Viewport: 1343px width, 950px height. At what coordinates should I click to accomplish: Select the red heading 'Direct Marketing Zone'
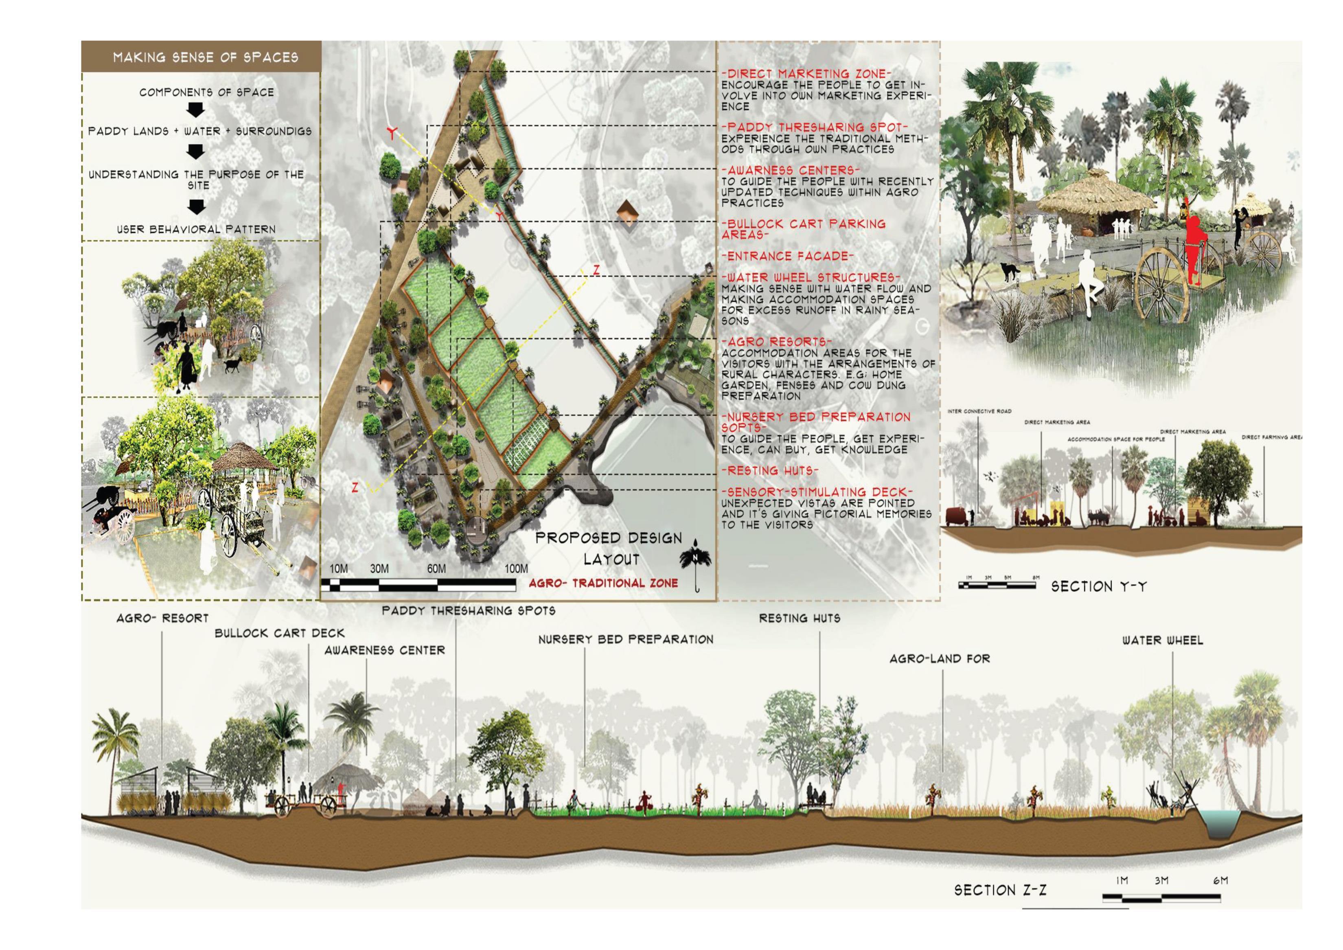pyautogui.click(x=806, y=74)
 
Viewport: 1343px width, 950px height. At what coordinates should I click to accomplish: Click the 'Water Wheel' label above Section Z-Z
pyautogui.click(x=1162, y=641)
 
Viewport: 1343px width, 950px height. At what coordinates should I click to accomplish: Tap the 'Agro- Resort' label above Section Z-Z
pyautogui.click(x=162, y=618)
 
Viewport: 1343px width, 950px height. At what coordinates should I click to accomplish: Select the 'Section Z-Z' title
pyautogui.click(x=1000, y=890)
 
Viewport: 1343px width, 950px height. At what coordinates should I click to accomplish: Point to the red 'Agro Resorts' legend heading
pyautogui.click(x=777, y=342)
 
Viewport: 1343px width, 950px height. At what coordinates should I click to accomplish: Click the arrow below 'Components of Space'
pyautogui.click(x=197, y=110)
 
